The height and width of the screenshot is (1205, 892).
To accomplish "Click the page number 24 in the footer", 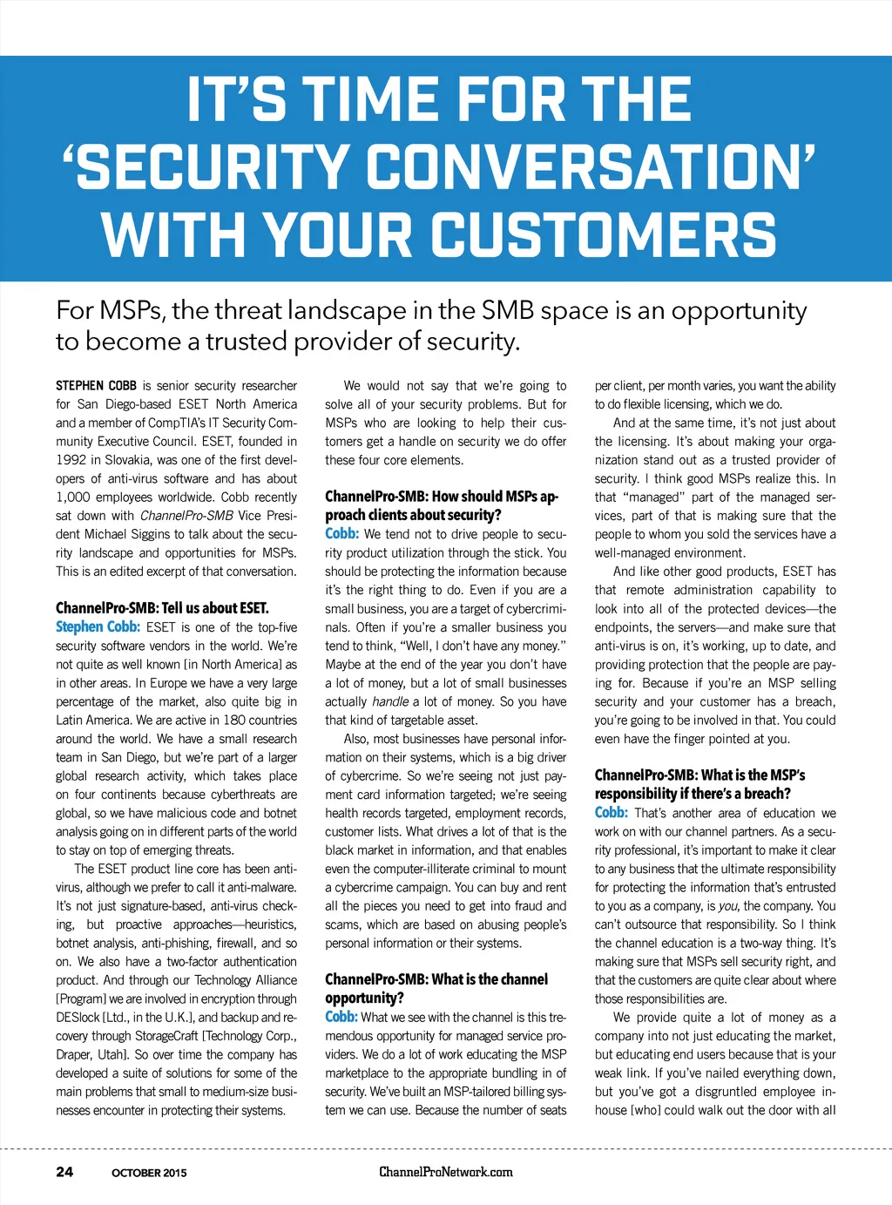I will pos(64,1172).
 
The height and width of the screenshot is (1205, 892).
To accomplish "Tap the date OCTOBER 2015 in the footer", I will pos(149,1173).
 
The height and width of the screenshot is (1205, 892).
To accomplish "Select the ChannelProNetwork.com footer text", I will pos(446,1172).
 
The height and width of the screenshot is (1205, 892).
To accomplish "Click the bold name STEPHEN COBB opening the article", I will pos(96,385).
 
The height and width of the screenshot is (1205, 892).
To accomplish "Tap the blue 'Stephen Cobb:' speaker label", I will pos(98,626).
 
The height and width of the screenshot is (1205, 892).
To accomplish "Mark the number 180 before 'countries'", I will pos(234,721).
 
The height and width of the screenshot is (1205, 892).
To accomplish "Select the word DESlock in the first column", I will pos(78,1018).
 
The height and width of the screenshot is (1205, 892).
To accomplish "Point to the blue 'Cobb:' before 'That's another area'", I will pos(611,813).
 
